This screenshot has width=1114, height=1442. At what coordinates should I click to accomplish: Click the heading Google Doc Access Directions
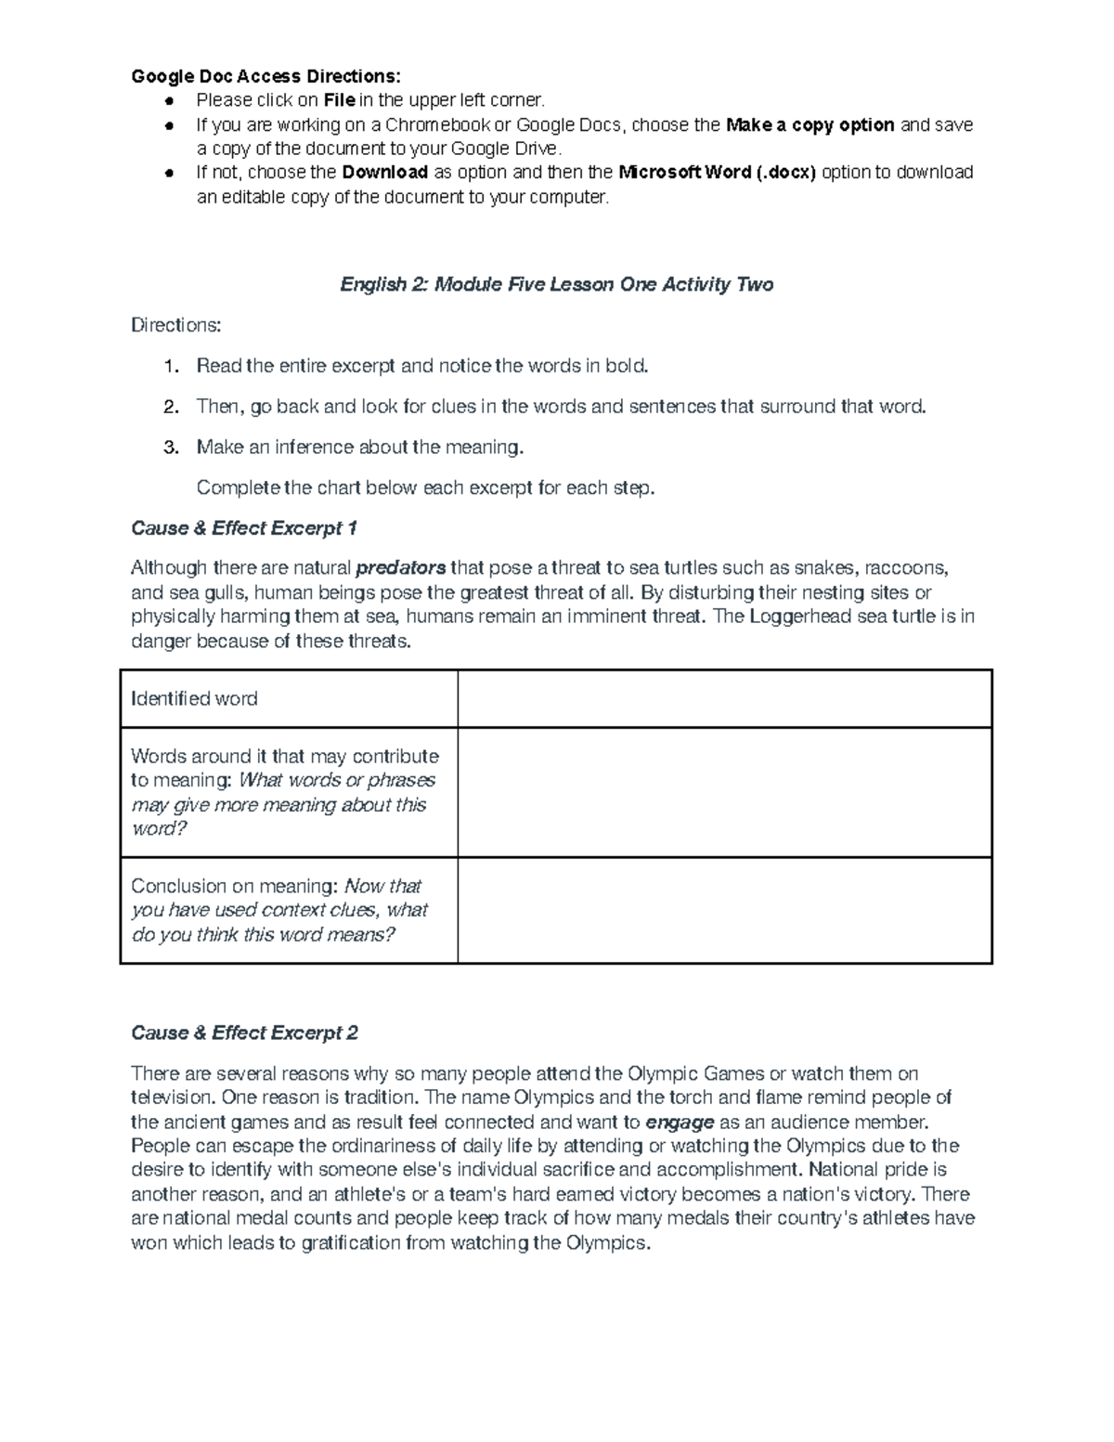point(266,76)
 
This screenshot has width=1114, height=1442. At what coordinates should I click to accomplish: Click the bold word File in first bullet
point(339,100)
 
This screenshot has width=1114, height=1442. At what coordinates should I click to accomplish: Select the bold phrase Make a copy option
point(810,124)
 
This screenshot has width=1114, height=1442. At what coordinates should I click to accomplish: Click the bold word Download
point(384,173)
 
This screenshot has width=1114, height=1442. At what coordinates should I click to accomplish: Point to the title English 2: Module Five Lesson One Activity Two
point(556,284)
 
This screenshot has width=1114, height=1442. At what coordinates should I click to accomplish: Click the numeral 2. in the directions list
point(170,407)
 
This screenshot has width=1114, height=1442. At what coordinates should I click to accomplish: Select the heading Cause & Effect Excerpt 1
point(243,528)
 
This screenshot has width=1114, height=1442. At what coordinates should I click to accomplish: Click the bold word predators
point(401,568)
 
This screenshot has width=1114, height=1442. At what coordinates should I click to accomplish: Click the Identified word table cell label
point(194,698)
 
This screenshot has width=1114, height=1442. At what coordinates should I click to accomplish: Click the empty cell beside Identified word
point(724,698)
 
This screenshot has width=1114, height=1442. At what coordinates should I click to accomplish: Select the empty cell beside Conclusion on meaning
point(724,910)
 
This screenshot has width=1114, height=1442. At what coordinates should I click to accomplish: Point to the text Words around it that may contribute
point(284,756)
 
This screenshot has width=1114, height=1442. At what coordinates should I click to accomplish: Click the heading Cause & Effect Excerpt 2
point(244,1033)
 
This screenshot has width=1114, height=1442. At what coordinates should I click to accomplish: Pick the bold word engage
point(679,1122)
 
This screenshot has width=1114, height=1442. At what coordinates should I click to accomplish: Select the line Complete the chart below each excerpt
point(425,487)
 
